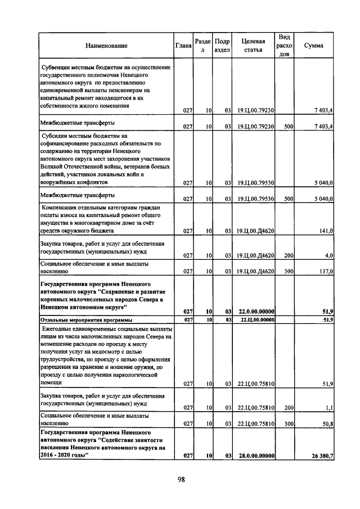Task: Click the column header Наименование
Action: pyautogui.click(x=106, y=46)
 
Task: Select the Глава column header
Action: pyautogui.click(x=183, y=46)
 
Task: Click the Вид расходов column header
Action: pyautogui.click(x=284, y=45)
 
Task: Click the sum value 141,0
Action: pyautogui.click(x=327, y=231)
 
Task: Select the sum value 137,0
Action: pyautogui.click(x=327, y=272)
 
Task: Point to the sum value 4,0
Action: pyautogui.click(x=329, y=256)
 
